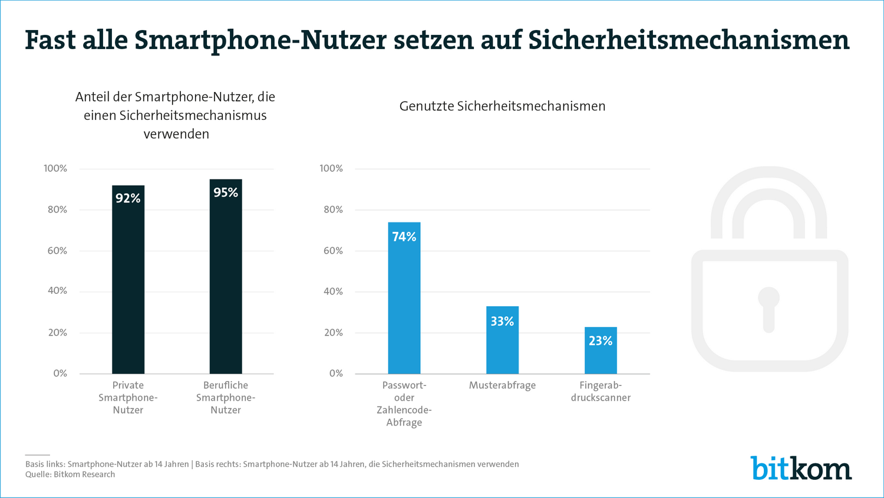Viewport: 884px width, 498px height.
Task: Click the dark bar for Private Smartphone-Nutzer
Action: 128,289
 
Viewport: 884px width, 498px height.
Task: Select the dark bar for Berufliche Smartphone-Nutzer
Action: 226,289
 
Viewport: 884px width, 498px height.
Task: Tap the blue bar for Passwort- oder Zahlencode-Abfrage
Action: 404,307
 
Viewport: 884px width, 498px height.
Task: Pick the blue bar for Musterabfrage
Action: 502,348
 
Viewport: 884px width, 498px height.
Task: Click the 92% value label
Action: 128,198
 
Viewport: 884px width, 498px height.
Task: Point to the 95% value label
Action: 226,192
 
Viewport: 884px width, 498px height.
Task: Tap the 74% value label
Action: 404,237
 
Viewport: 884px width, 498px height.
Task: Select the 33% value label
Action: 502,321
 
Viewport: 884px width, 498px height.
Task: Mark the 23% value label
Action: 601,340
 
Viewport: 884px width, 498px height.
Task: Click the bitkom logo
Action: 801,468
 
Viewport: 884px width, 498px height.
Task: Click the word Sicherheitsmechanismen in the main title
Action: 688,40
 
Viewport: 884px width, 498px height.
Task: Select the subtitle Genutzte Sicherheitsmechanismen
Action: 502,106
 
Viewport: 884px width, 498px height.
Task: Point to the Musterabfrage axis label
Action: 502,385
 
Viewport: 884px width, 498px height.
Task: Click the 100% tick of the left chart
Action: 55,169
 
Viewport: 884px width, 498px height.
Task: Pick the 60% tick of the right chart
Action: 332,251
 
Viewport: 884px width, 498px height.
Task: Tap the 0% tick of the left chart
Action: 60,373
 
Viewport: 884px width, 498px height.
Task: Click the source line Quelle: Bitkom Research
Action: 70,474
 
